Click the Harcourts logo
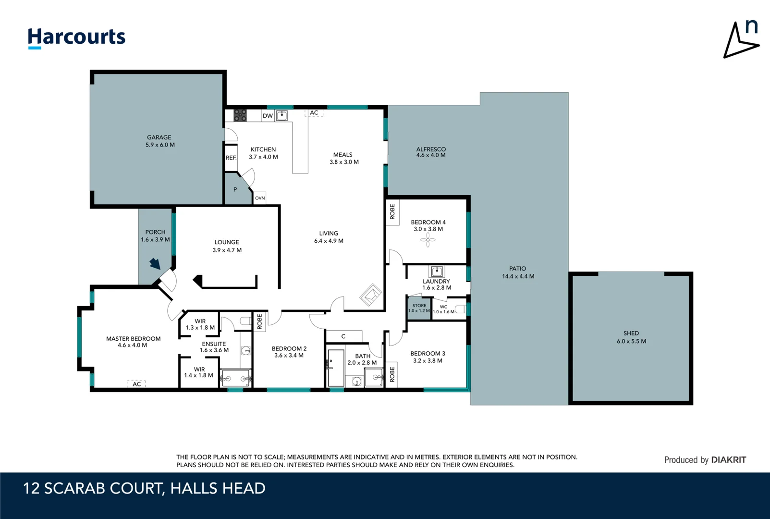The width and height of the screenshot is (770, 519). coord(76,37)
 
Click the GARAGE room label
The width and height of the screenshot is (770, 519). coord(159,141)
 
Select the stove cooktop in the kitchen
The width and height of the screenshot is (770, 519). coord(240,115)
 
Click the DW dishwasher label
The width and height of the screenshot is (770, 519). coord(268,116)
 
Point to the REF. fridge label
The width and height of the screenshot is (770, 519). coord(231,158)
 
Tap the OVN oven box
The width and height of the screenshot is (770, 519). coord(260,198)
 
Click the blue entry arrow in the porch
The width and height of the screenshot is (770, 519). coord(155,263)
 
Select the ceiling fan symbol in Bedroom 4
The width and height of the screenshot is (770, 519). coord(428,240)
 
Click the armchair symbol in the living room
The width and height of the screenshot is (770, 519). coord(370,295)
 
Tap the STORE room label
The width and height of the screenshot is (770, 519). coord(419,308)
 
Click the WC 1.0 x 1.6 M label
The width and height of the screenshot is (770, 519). coord(443,309)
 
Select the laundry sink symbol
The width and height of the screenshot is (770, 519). coord(437,272)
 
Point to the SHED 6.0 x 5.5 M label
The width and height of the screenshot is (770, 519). coord(631,337)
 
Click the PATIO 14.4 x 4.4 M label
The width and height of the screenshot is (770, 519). coord(518,272)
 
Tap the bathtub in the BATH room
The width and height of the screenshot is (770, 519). coord(336,368)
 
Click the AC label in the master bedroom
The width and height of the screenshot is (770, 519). coord(136,384)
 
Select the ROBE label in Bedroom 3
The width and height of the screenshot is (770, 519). coord(392,374)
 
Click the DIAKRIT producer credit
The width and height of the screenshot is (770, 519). coord(705,460)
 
